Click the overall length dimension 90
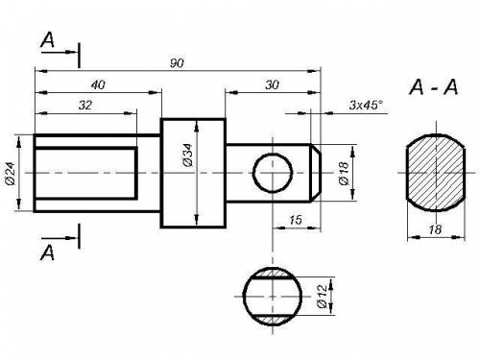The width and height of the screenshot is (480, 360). (177, 63)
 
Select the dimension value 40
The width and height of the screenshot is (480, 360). (98, 84)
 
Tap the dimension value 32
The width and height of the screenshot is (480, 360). (85, 105)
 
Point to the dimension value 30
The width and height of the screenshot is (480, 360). (272, 84)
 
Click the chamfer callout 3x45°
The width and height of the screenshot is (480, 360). (366, 105)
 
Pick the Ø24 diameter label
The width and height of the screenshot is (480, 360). (11, 174)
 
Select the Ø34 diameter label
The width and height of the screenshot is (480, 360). (188, 156)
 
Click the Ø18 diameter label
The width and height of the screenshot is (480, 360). (344, 173)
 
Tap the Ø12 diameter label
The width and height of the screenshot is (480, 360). (323, 296)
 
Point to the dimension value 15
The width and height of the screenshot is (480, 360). (296, 220)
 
